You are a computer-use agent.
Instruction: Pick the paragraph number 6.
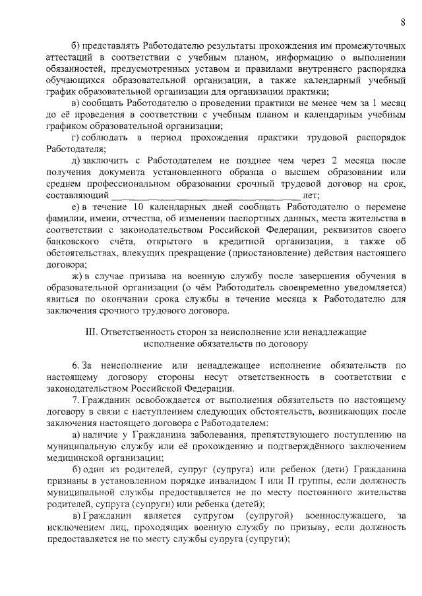[x=76, y=365]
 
